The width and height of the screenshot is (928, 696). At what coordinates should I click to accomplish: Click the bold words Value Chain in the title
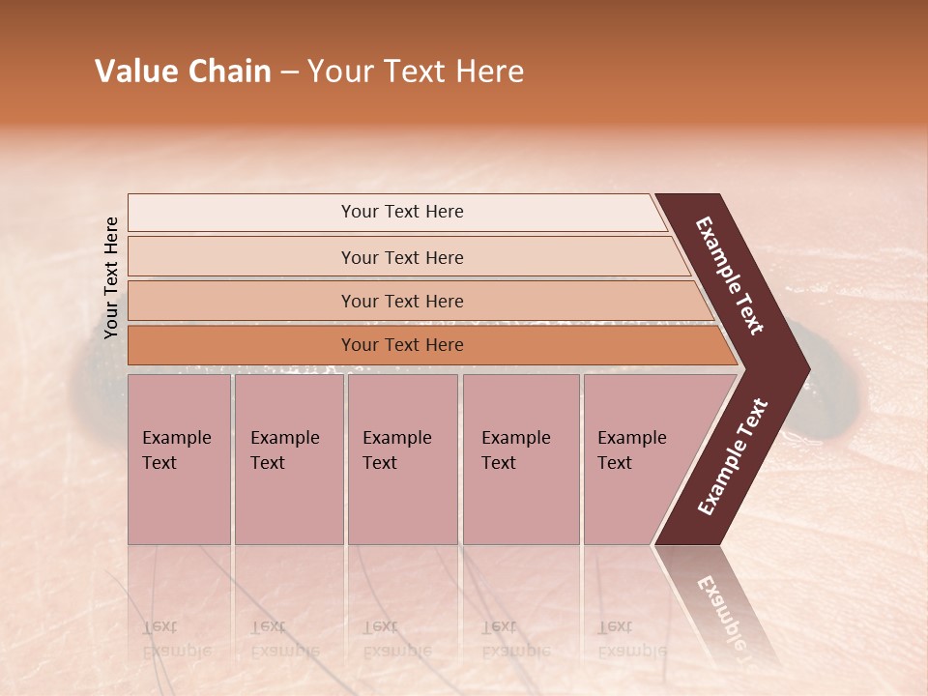coord(183,72)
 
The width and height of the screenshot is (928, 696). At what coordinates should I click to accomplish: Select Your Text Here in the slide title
coord(416,72)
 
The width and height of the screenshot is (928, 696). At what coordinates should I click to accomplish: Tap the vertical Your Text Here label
coord(111,277)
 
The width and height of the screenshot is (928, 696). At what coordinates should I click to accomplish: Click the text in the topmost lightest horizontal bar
coord(402,212)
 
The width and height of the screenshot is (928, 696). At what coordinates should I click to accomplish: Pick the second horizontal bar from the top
coord(402,257)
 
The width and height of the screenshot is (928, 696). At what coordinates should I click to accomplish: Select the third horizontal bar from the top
coord(402,301)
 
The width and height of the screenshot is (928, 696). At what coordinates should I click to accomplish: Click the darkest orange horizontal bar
coord(402,345)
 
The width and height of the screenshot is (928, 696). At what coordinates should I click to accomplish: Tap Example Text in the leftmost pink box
coord(176,449)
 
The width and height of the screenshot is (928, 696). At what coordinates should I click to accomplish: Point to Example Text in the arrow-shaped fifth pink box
coord(632,449)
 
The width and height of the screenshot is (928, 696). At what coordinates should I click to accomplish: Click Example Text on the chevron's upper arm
coord(730,275)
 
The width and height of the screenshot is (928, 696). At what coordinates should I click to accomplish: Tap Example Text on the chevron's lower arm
coord(733,457)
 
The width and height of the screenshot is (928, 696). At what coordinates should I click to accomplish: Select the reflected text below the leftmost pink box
coord(176,639)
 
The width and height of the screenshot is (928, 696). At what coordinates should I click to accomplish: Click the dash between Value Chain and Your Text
coord(289,72)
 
